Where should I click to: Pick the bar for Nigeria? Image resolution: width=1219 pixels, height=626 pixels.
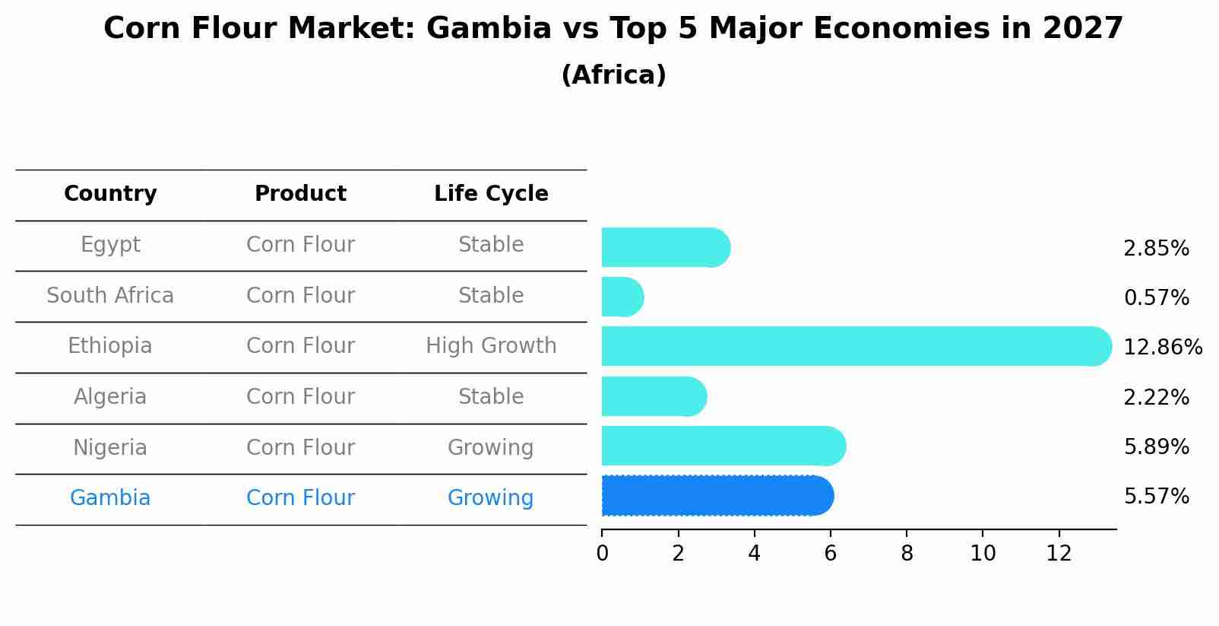coord(722,446)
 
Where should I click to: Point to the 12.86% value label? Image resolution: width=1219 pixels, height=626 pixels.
coord(1162,348)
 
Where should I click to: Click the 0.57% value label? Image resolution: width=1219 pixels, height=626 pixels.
coord(1156,298)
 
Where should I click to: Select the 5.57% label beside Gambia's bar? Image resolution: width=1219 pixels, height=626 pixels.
coord(1156,497)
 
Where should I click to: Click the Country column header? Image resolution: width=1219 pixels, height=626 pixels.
coord(110,194)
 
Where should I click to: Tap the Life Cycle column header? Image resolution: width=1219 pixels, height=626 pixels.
coord(491,194)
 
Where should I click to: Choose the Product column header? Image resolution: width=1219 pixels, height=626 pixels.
coord(300,194)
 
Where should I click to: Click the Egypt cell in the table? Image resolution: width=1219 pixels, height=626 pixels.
coord(110,245)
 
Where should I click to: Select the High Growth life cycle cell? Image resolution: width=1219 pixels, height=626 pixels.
coord(491,346)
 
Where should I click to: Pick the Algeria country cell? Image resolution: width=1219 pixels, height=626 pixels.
coord(110,397)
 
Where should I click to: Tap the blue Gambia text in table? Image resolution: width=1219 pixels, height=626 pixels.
coord(110,498)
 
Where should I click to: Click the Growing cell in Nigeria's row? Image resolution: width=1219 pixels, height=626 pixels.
coord(491,447)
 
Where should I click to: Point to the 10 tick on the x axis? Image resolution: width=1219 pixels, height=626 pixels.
coord(983,554)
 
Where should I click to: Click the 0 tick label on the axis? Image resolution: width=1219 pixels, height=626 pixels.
coord(602,554)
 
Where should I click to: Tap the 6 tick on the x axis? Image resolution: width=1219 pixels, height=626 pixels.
coord(830,554)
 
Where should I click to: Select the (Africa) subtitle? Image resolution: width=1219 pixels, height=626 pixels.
coord(613,75)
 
